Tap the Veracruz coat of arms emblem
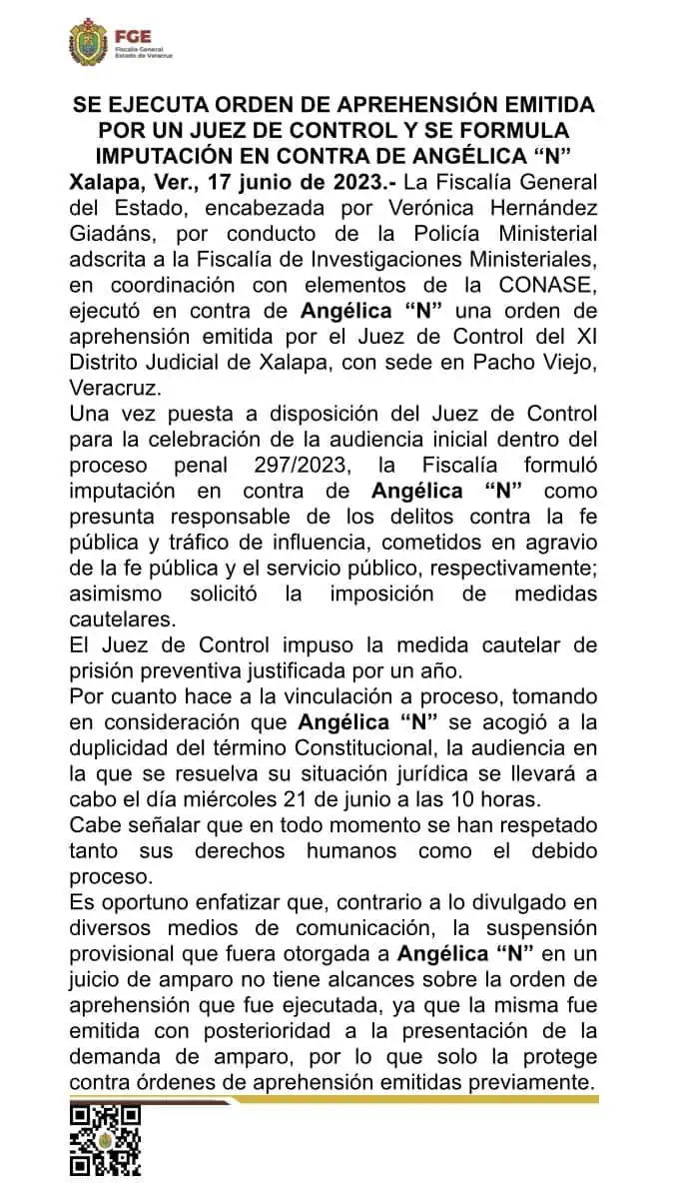coord(87,43)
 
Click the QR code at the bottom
coord(105,1140)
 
